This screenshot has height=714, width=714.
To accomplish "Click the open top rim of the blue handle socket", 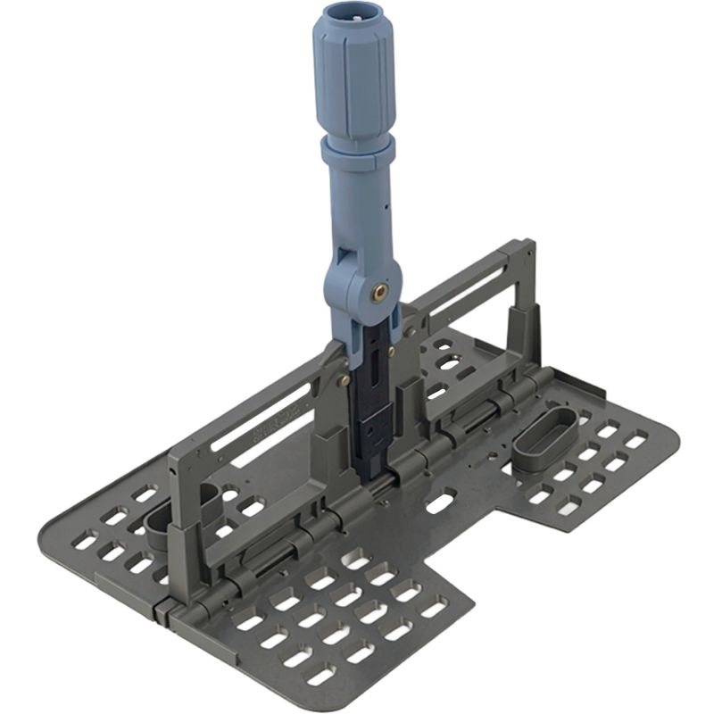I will point(352,16).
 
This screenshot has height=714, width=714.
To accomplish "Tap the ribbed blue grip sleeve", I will point(353,80).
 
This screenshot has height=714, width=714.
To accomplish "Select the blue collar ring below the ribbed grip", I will point(358,149).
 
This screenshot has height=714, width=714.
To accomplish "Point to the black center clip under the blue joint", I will point(373,393).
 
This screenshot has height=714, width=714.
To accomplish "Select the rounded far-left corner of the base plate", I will point(49,534).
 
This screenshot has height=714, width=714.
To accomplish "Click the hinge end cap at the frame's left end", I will point(164,612).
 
